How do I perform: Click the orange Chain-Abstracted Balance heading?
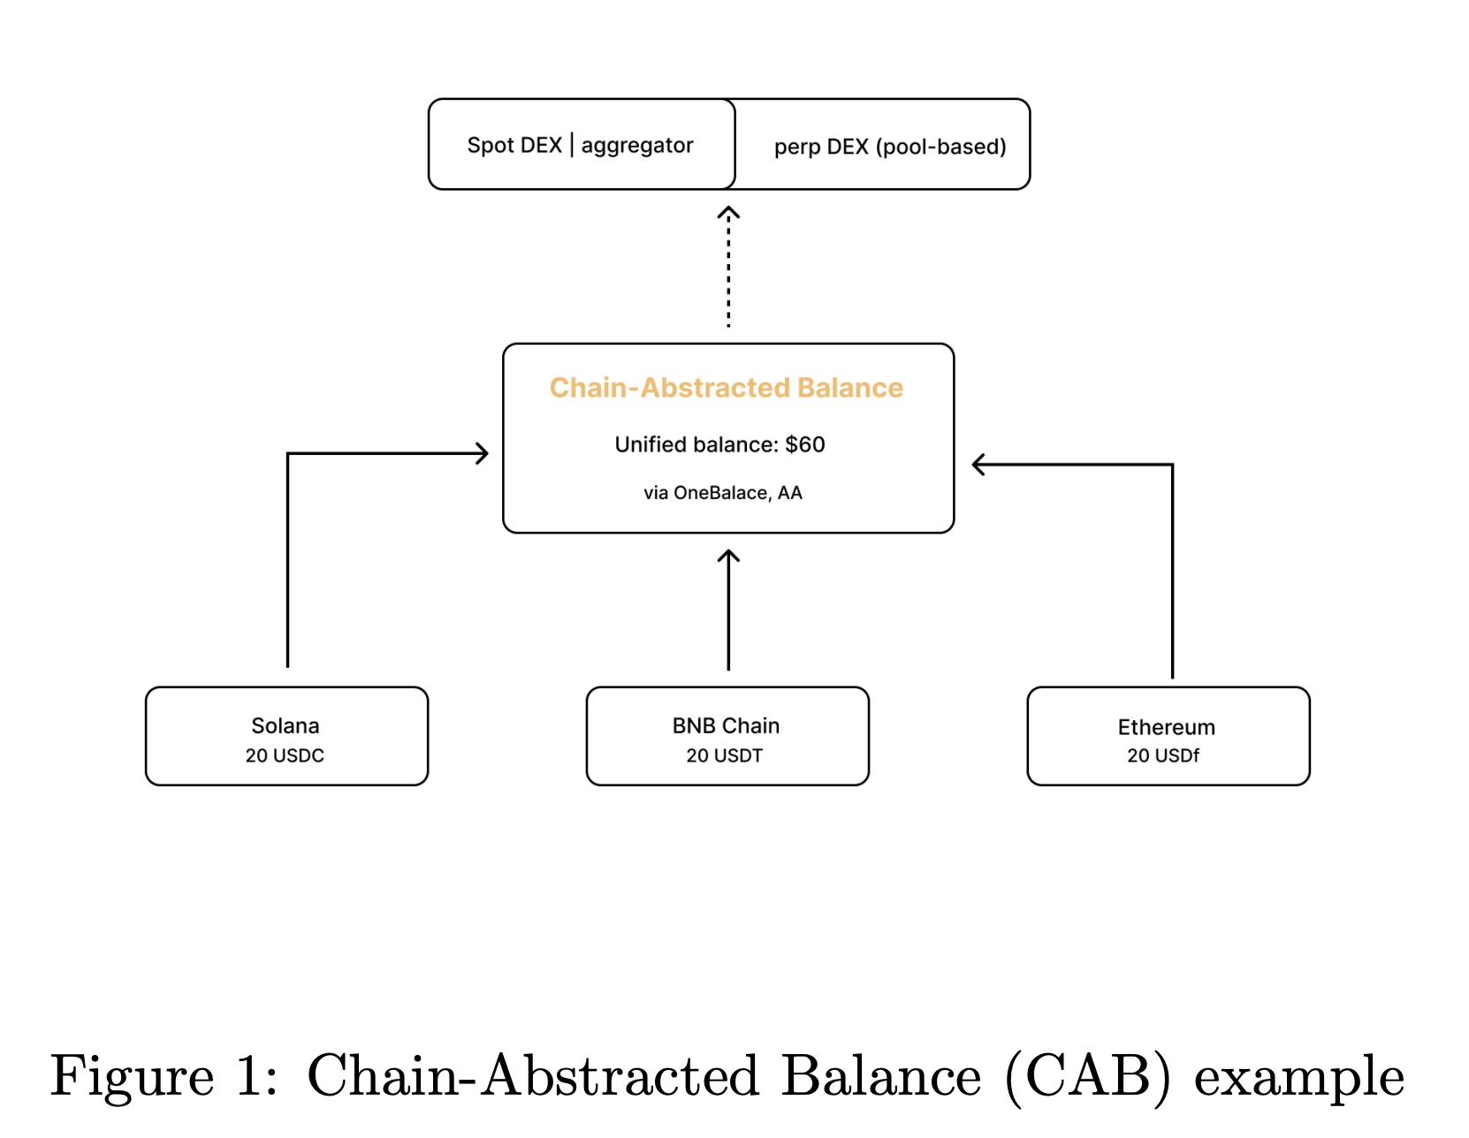[x=726, y=388]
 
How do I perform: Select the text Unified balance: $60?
[x=719, y=444]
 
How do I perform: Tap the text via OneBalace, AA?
[x=722, y=493]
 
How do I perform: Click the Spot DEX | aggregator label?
[x=580, y=145]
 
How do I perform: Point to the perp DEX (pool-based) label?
[x=889, y=147]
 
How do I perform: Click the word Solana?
[x=285, y=726]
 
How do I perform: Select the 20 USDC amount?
[x=285, y=756]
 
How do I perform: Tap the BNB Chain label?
[x=726, y=726]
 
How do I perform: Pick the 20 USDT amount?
[x=724, y=756]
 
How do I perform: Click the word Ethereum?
[x=1166, y=728]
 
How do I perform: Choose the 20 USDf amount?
[x=1163, y=756]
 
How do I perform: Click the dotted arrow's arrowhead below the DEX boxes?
[x=728, y=212]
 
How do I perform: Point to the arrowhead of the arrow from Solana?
[x=483, y=454]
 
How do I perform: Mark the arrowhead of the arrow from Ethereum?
[x=978, y=465]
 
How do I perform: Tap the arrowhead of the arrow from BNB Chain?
[x=728, y=557]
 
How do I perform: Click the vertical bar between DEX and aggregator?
[x=572, y=144]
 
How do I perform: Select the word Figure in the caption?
[x=132, y=1076]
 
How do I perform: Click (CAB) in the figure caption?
[x=1088, y=1076]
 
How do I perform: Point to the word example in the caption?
[x=1298, y=1076]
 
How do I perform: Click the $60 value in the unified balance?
[x=805, y=444]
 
